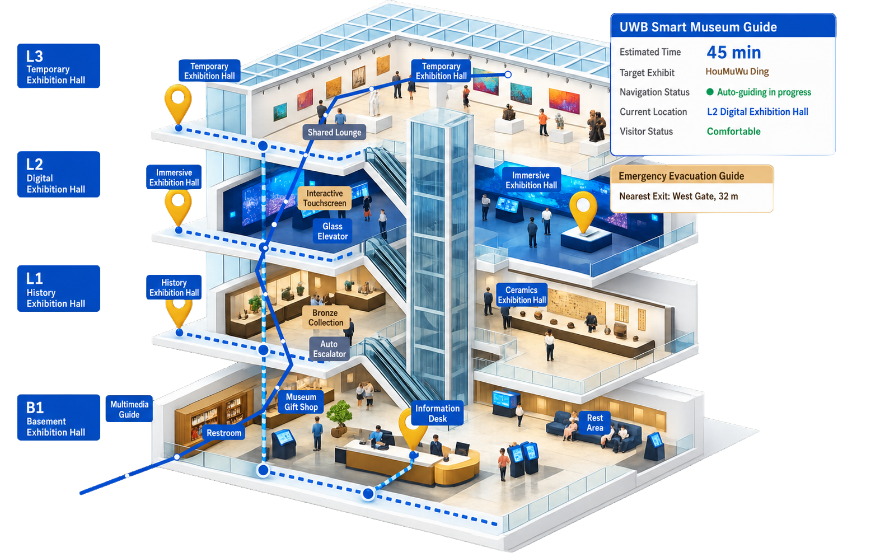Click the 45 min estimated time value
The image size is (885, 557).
click(x=733, y=52)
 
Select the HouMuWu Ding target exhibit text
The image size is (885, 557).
click(x=737, y=72)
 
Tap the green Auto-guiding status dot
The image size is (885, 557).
click(x=710, y=92)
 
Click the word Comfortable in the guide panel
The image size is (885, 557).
click(x=733, y=131)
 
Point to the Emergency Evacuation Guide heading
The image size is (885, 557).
click(x=681, y=176)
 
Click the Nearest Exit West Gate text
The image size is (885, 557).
click(x=678, y=196)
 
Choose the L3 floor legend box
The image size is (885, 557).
click(x=58, y=65)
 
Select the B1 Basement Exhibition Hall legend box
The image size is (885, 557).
click(x=58, y=417)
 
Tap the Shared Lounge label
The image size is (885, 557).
click(x=334, y=132)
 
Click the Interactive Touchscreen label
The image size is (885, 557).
click(x=324, y=198)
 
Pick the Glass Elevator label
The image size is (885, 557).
click(x=333, y=231)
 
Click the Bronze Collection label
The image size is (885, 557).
click(x=326, y=317)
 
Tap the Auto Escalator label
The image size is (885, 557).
click(x=329, y=349)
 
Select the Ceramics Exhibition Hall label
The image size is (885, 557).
click(x=522, y=294)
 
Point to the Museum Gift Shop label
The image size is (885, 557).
click(x=301, y=402)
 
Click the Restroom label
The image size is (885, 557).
click(x=223, y=433)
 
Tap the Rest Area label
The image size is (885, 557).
click(x=594, y=423)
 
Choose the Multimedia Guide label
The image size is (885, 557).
click(x=129, y=409)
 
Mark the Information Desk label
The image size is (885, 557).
click(x=437, y=413)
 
